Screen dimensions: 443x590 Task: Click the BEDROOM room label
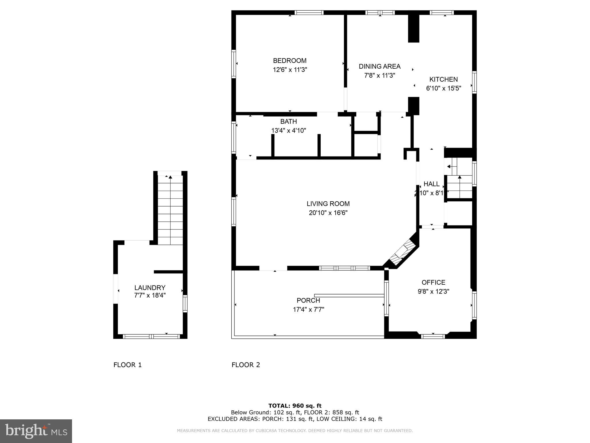coord(290,61)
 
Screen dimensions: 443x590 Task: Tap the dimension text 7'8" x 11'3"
coord(379,76)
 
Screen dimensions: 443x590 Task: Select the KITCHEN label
coord(443,79)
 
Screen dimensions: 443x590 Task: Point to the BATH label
coord(288,121)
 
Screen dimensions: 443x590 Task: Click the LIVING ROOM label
coord(328,204)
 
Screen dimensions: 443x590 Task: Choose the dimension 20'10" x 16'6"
coord(328,213)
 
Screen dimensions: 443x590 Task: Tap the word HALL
coord(431,184)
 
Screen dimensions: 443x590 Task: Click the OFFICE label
coord(433,282)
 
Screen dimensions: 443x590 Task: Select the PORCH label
coord(308,301)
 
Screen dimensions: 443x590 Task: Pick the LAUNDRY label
coord(150,288)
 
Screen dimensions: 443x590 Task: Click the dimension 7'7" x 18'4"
coord(150,295)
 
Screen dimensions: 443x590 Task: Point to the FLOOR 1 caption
coord(127,365)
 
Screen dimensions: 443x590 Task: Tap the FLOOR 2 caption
coord(245,365)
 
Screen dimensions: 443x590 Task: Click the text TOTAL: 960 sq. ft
coord(295,406)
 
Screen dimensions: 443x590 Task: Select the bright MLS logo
coord(36,431)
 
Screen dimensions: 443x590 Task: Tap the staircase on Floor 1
coord(170,211)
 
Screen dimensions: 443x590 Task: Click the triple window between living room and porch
coord(345,268)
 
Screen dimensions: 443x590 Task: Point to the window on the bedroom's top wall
coord(309,12)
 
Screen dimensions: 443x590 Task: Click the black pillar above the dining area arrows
coord(413,28)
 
